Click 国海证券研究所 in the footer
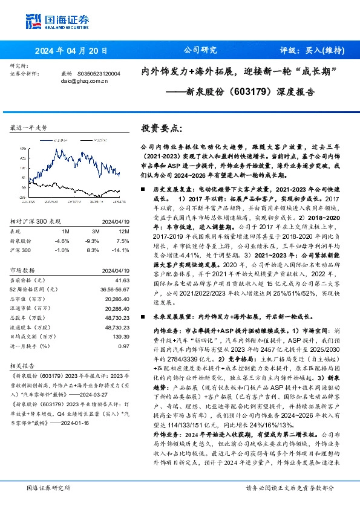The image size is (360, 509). pos(48,487)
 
